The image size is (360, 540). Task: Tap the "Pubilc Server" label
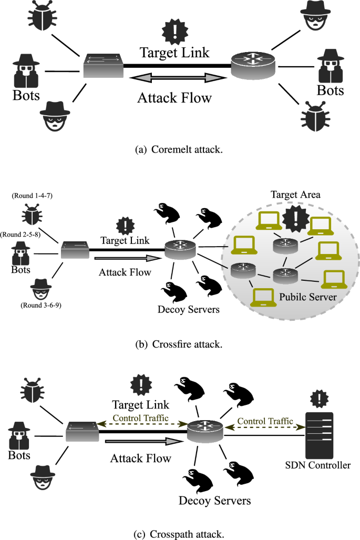point(300,298)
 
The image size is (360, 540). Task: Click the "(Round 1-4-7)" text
point(28,196)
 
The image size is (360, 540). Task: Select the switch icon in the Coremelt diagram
point(104,66)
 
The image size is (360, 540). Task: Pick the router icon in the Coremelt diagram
point(254,67)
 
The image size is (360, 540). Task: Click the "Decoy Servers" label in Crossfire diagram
point(188,309)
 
